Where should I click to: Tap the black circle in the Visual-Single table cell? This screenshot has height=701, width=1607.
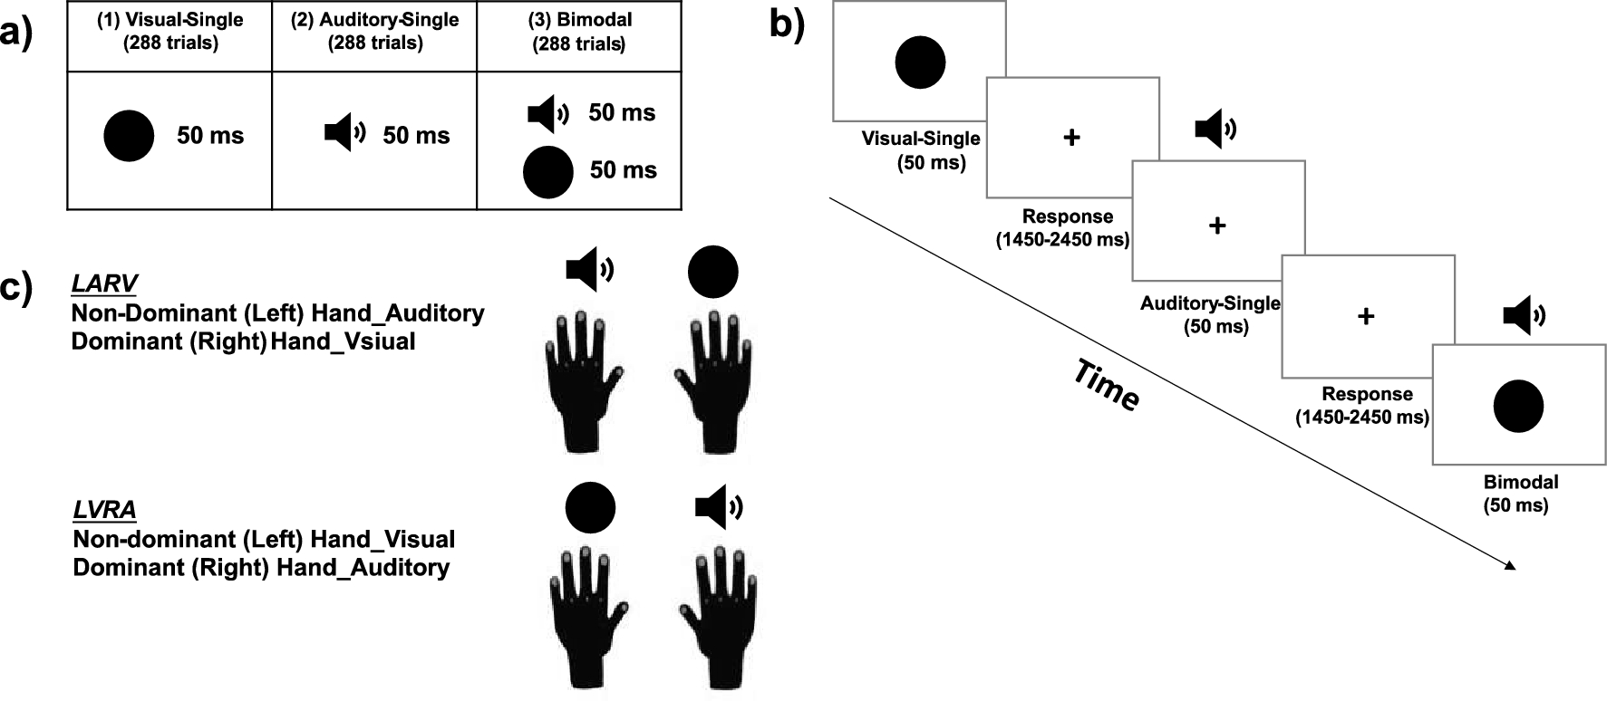[x=130, y=136]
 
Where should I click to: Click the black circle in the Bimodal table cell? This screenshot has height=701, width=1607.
[x=548, y=172]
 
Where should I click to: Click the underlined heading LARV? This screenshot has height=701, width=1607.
[x=104, y=283]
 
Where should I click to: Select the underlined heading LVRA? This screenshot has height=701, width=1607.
[x=104, y=510]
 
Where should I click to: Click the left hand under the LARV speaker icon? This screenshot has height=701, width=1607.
[x=583, y=380]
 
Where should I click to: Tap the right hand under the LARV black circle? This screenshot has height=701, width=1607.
[x=714, y=380]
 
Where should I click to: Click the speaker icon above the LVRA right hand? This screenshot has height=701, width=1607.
[x=719, y=507]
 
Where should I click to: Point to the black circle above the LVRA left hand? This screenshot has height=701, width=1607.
[x=590, y=506]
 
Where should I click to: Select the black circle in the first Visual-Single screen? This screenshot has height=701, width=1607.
[x=920, y=62]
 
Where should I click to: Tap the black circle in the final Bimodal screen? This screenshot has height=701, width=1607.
[x=1518, y=406]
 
